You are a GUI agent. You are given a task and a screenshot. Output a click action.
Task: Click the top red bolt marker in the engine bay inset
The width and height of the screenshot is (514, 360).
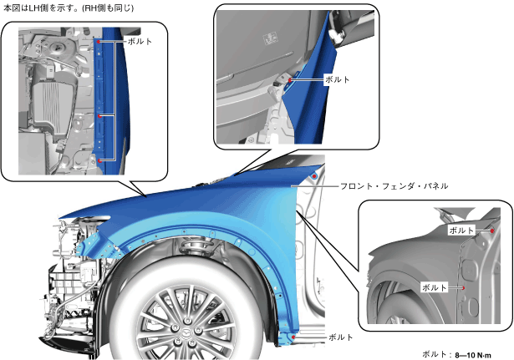click(99, 41)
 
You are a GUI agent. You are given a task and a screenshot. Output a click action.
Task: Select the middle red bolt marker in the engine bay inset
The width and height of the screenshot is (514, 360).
click(99, 115)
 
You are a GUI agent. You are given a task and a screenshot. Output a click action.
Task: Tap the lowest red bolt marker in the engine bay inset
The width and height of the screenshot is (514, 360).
click(99, 160)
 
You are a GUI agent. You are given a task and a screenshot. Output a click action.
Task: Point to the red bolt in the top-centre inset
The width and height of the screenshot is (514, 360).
click(288, 80)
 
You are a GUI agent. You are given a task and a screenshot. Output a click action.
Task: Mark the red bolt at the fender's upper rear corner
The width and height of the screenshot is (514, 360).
click(313, 177)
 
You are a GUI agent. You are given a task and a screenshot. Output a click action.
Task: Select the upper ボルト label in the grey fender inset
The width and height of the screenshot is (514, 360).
click(461, 229)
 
